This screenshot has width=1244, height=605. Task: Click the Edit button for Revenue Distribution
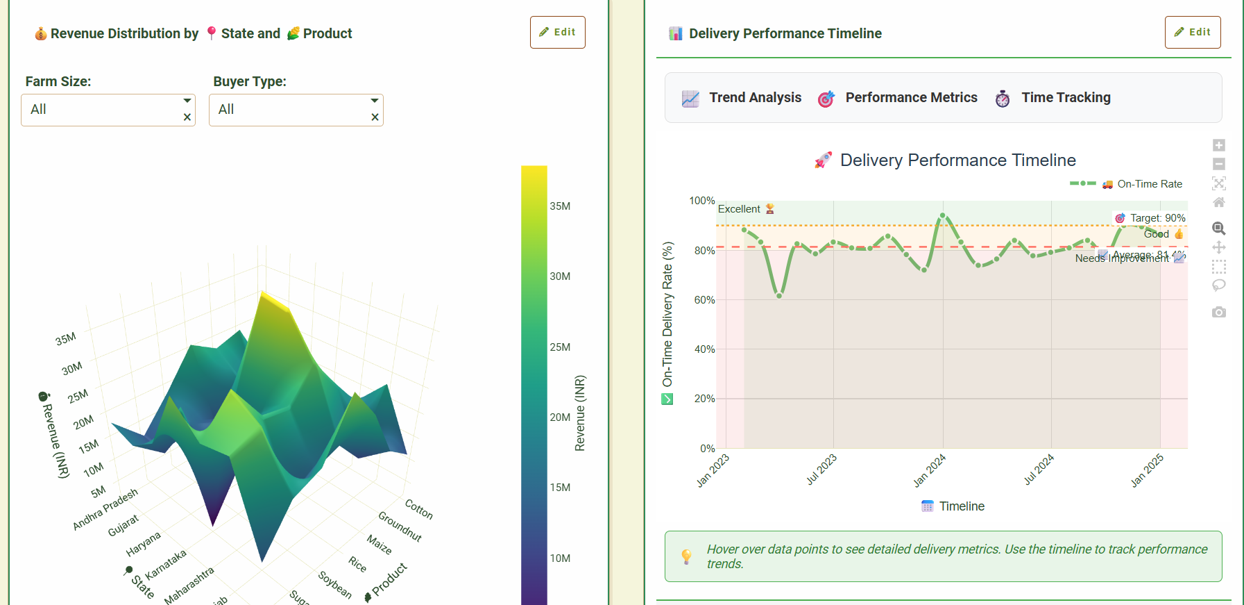click(557, 32)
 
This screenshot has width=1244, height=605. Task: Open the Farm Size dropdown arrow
click(187, 101)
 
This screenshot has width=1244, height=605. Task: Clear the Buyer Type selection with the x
click(375, 117)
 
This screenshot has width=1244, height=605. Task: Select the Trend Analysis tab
click(742, 98)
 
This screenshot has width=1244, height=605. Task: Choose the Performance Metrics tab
click(898, 98)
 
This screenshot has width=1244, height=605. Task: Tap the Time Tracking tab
click(1053, 98)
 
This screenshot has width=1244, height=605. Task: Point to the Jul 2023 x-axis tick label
click(821, 470)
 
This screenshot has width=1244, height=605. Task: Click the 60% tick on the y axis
click(704, 300)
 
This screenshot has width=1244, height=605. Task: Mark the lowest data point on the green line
click(779, 296)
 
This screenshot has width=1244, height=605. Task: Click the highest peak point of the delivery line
click(942, 216)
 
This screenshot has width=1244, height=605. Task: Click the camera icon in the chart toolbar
click(1218, 313)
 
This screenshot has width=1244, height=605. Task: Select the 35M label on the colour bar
click(560, 206)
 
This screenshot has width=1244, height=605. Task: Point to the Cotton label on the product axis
click(419, 508)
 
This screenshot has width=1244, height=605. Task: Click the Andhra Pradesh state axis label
click(105, 509)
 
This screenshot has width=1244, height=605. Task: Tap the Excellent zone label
click(739, 209)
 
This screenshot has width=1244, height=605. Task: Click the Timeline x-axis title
click(961, 506)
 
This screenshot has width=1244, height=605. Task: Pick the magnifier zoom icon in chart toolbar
click(1218, 229)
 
